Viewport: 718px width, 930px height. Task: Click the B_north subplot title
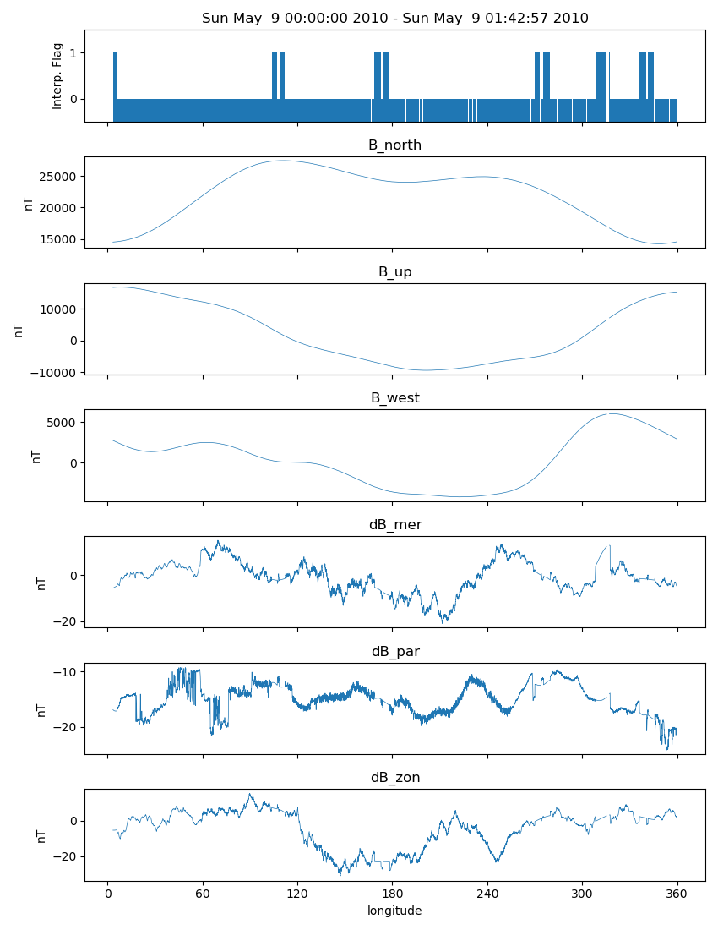click(x=394, y=145)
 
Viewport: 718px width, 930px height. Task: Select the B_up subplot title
click(x=394, y=272)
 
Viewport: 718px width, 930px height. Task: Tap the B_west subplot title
click(x=394, y=398)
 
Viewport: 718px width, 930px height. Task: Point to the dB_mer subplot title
click(x=394, y=525)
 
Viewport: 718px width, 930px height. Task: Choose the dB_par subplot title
click(x=395, y=652)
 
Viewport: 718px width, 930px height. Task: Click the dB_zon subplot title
click(x=395, y=778)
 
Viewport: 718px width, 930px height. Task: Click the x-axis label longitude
click(x=394, y=911)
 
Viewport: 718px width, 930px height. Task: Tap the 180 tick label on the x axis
click(x=392, y=894)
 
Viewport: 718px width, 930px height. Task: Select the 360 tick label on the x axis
click(x=677, y=894)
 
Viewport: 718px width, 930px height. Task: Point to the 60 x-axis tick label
click(x=203, y=894)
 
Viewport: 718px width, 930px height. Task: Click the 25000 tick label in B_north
click(x=58, y=177)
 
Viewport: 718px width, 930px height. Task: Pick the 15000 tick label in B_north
click(x=58, y=239)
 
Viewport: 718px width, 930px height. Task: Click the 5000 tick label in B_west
click(x=62, y=423)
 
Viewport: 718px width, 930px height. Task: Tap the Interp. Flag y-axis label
click(x=57, y=76)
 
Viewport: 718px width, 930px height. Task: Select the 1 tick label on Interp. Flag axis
click(x=73, y=53)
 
